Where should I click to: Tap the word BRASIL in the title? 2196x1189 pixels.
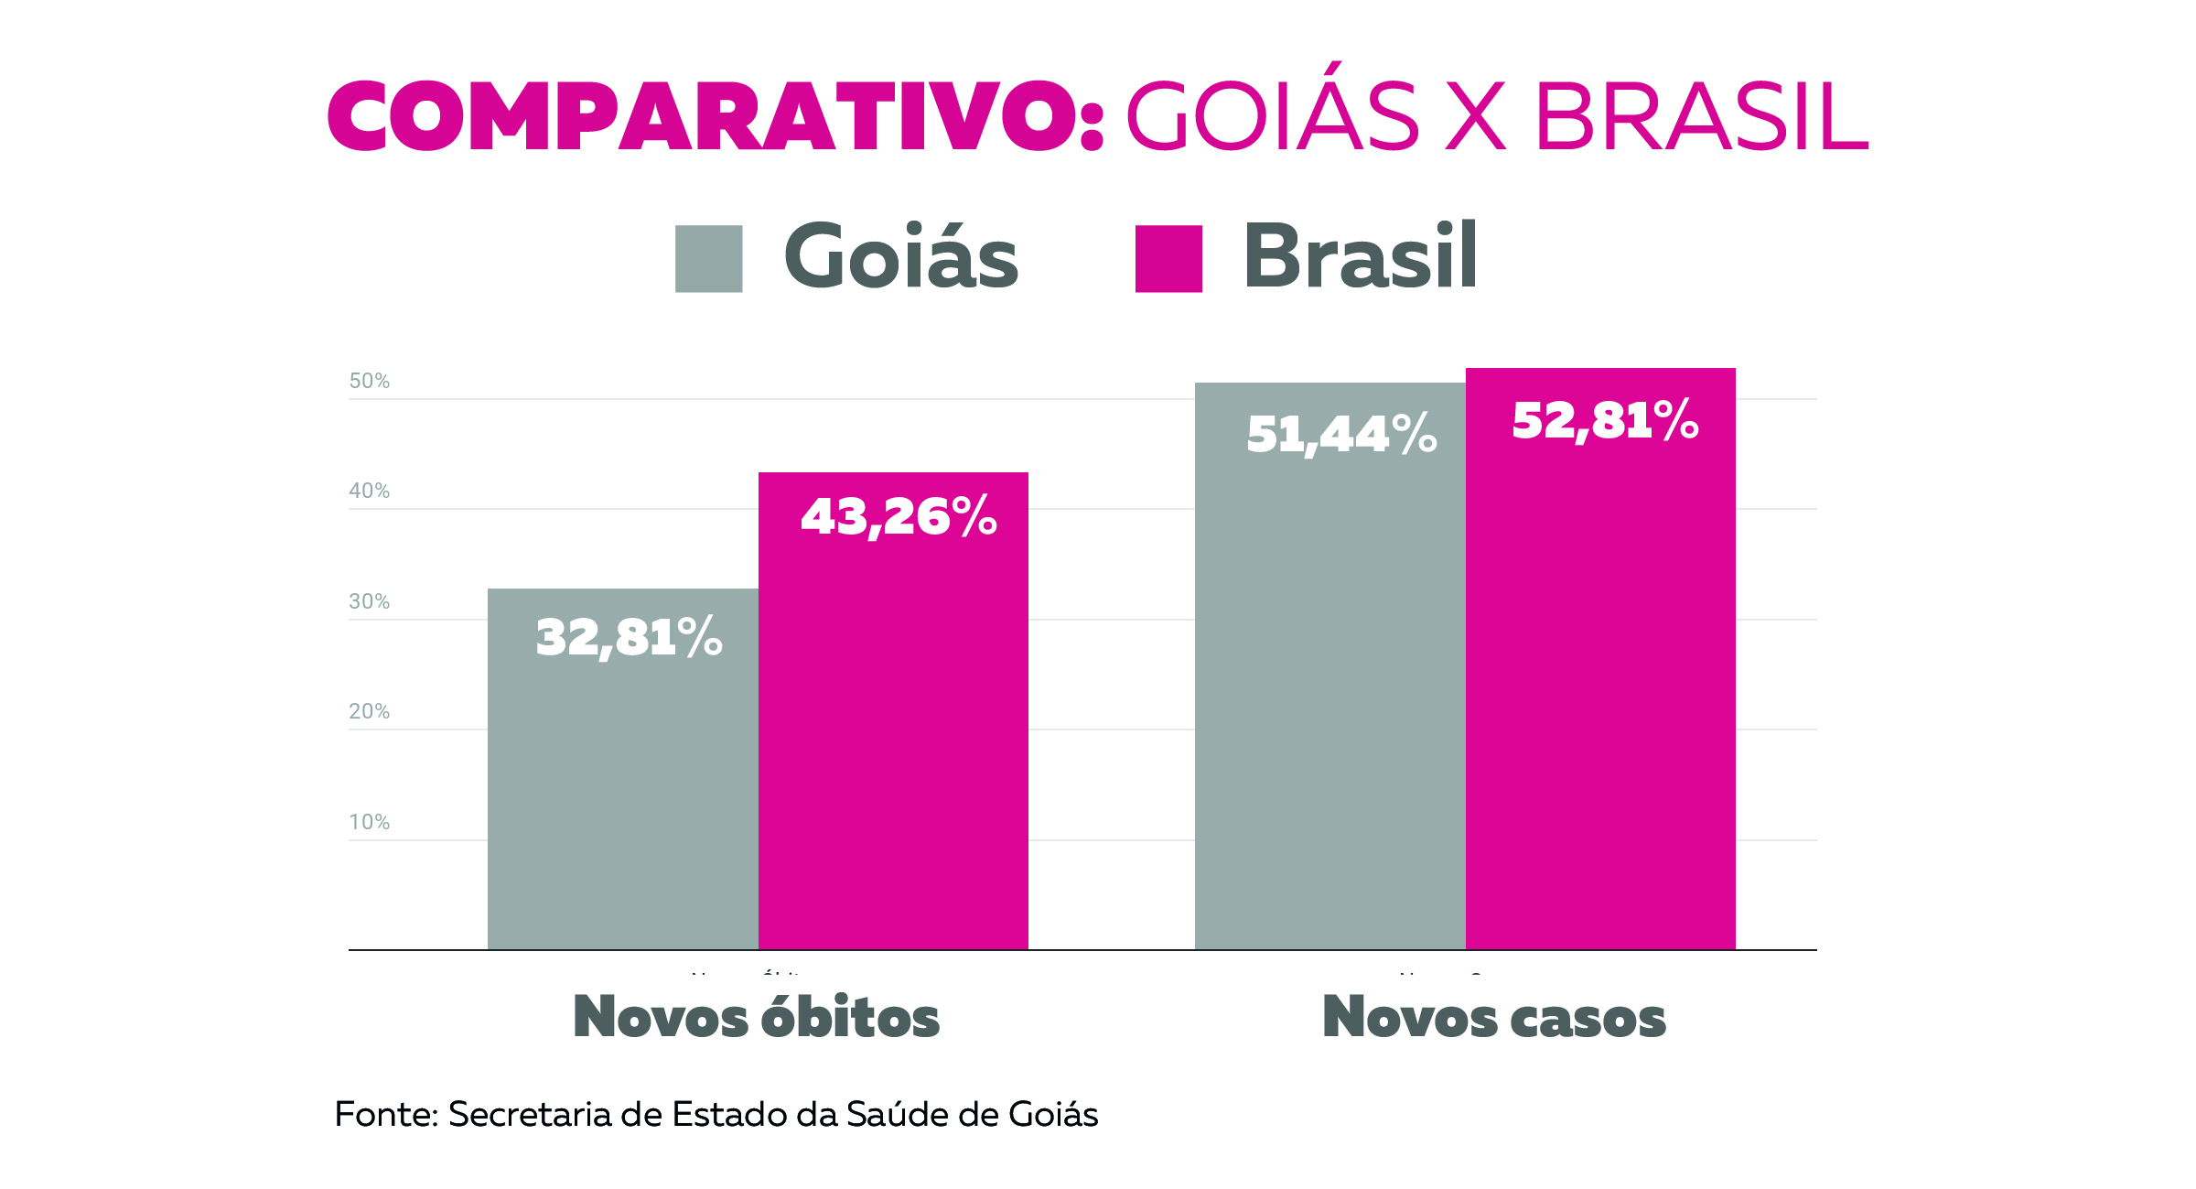[1701, 117]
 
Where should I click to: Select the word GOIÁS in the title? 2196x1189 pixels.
[1272, 117]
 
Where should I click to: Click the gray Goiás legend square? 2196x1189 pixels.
[708, 259]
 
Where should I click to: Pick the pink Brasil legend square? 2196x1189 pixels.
[1168, 259]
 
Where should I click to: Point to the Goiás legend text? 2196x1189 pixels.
[900, 258]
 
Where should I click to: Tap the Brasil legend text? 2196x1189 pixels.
[1360, 257]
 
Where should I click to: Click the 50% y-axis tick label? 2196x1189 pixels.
[369, 382]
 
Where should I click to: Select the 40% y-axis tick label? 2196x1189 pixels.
[369, 492]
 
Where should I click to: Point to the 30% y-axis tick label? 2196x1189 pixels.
[369, 602]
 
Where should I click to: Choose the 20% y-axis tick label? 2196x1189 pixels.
[369, 712]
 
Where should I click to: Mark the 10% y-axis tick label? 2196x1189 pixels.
[369, 823]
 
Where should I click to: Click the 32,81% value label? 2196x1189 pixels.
[629, 638]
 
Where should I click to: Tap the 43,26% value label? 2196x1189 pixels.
[899, 517]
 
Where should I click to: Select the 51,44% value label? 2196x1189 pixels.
[1341, 435]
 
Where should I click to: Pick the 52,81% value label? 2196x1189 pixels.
[1605, 421]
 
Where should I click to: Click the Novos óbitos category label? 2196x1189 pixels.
[756, 1018]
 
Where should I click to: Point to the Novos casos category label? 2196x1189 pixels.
[1494, 1018]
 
